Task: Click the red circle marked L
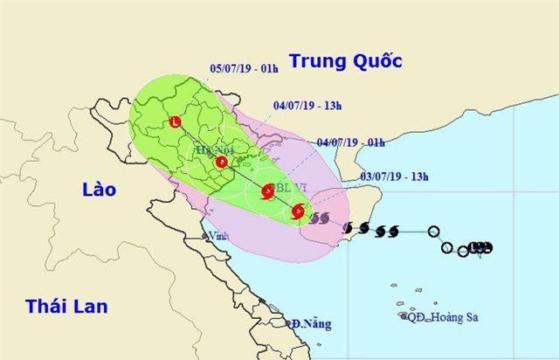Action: click(177, 123)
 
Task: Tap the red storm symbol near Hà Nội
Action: click(219, 162)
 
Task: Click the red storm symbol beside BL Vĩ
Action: click(268, 191)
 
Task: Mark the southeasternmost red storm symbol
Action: click(299, 211)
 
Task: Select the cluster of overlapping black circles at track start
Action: click(479, 247)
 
